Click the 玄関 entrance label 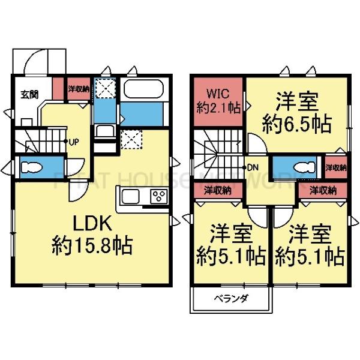coord(28,94)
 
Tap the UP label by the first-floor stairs coord(74,143)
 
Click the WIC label coord(218,94)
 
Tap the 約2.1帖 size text coord(218,108)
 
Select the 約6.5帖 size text coord(298,124)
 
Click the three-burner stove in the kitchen coord(159,196)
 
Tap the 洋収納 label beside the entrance coord(78,89)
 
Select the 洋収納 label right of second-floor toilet coord(335,167)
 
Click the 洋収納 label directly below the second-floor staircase coord(217,191)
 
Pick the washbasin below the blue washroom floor coord(106,133)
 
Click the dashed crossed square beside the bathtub coord(107,89)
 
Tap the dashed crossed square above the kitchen coord(131,140)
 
